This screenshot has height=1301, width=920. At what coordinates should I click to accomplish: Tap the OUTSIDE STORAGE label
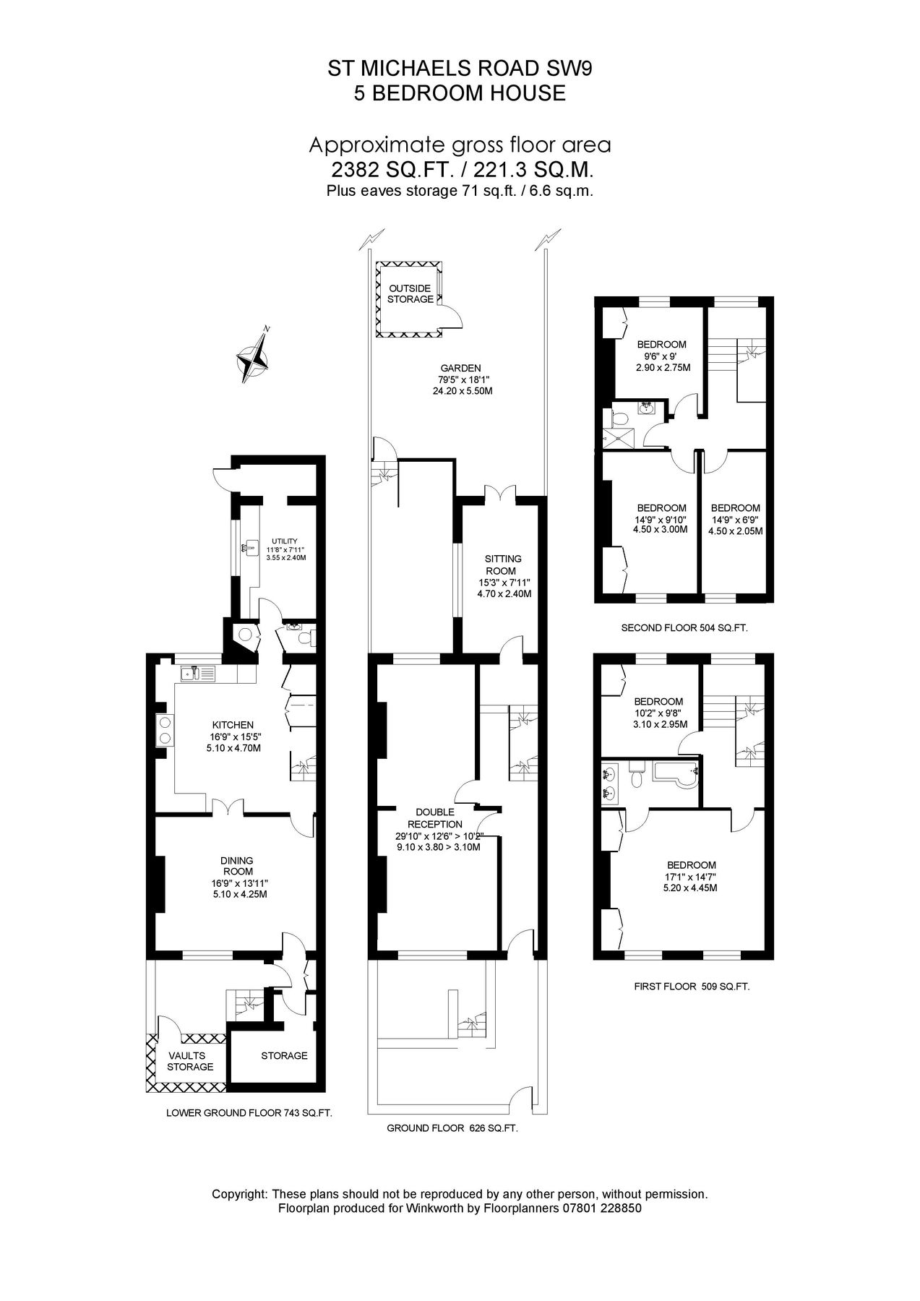pos(410,293)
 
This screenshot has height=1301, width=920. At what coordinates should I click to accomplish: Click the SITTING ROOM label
pos(504,564)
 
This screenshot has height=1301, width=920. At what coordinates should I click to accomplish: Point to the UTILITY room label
pos(284,541)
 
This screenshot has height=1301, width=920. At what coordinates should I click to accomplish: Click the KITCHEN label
pos(233,725)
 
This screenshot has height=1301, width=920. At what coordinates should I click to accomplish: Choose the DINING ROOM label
pos(237,866)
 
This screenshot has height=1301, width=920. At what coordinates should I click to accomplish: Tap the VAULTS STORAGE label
pos(190,1061)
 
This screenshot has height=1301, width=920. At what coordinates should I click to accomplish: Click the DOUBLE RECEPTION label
pos(435,818)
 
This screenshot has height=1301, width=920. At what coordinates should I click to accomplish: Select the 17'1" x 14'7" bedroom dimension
pos(692,877)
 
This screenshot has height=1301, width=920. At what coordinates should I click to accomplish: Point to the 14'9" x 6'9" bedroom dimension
pos(735,520)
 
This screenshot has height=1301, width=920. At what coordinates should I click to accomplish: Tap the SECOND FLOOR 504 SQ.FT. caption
pos(684,628)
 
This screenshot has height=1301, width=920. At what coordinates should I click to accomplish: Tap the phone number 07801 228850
pos(602,1208)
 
